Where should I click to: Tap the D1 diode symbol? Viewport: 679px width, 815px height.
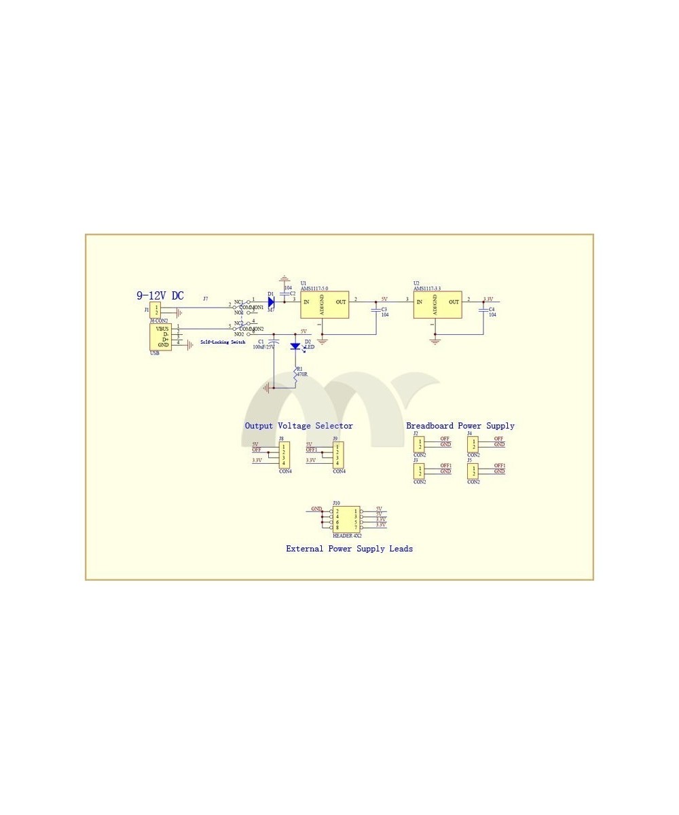pos(271,302)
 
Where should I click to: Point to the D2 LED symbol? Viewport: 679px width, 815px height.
pos(295,346)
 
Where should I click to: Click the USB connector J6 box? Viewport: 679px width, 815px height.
pos(160,337)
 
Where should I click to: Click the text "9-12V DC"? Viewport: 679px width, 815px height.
pos(160,295)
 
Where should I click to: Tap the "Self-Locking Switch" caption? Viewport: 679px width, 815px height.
pos(223,342)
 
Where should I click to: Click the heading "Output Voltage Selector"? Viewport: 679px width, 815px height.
pos(299,426)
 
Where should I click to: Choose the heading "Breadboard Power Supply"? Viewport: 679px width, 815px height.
pos(460,426)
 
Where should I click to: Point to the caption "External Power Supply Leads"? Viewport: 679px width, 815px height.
pos(349,549)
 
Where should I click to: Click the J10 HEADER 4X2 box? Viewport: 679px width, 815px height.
pos(346,519)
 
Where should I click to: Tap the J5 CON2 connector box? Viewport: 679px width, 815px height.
pos(473,471)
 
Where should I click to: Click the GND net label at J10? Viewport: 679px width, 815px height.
pos(316,509)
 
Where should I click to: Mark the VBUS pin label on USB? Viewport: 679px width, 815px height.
pos(162,329)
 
